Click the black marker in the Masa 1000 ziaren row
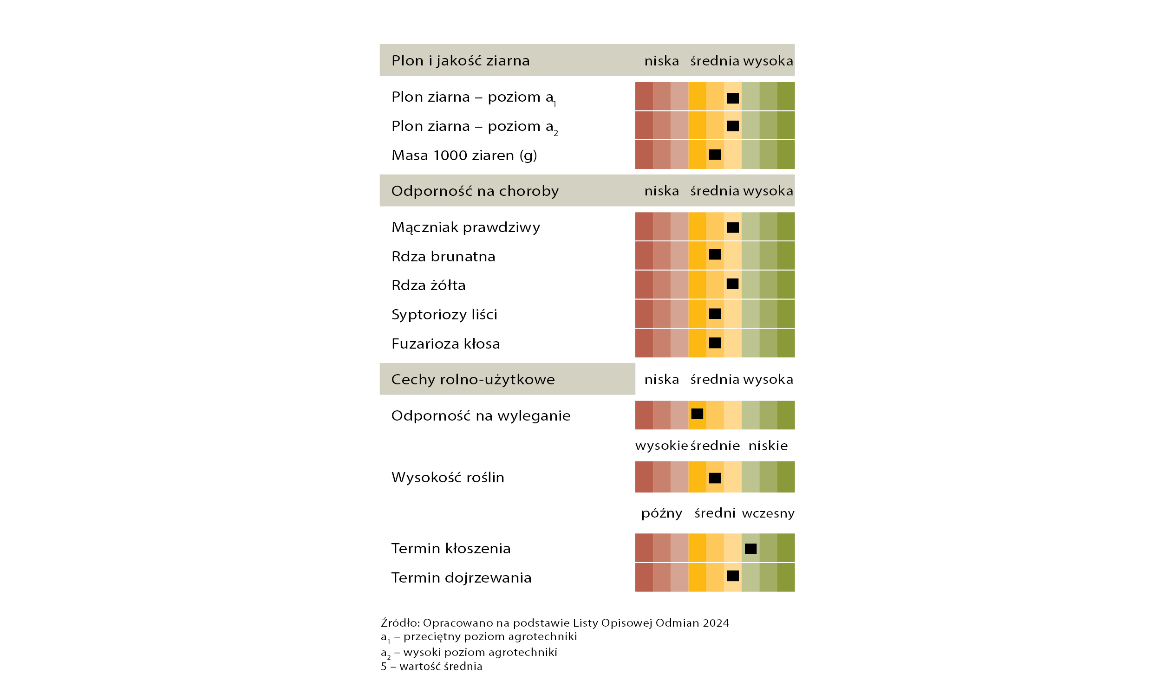715,155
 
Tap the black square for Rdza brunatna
715,254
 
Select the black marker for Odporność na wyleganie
697,414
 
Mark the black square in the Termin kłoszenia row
750,549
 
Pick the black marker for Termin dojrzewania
733,576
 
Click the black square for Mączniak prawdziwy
733,227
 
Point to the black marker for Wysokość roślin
715,478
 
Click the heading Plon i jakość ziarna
460,61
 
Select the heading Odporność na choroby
475,191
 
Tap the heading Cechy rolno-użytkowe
473,379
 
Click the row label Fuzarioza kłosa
445,343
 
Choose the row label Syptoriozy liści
444,314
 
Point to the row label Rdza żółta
428,285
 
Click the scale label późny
661,513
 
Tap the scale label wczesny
768,513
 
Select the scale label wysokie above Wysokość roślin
661,446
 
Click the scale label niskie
768,446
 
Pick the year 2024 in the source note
716,623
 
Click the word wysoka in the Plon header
768,61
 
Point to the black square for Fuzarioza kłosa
715,343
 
